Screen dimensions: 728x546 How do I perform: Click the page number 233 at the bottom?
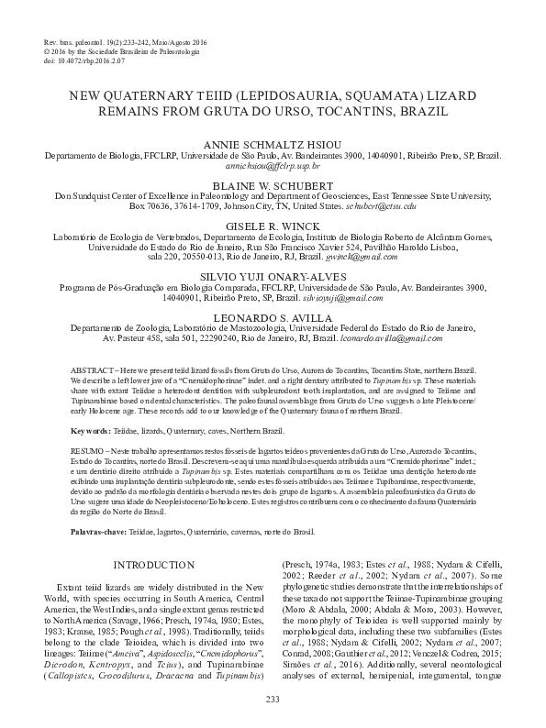click(272, 701)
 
